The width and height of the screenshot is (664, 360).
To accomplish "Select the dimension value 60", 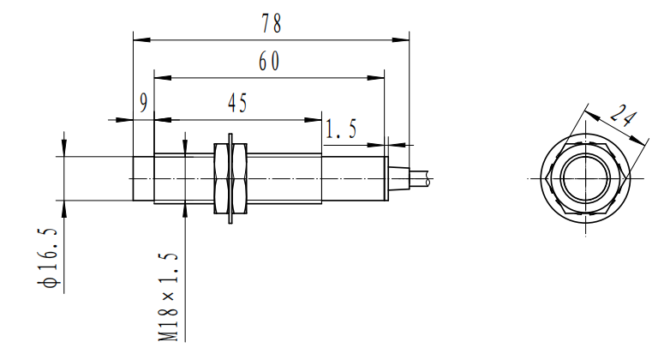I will click(x=269, y=63).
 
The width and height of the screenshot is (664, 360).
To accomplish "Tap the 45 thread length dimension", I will click(x=237, y=104).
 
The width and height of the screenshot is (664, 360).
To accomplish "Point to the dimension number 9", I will click(x=144, y=103).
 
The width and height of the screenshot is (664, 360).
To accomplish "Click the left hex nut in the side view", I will click(x=218, y=179).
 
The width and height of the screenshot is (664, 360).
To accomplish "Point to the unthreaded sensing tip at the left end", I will click(x=143, y=179).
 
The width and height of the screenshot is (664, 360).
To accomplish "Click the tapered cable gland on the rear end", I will click(x=395, y=179).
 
